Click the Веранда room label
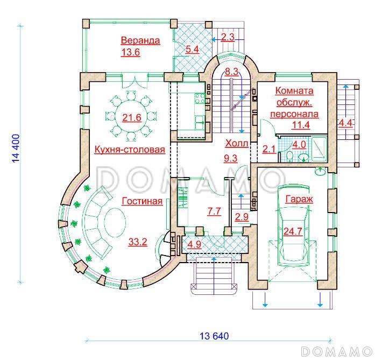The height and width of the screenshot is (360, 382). coord(140,40)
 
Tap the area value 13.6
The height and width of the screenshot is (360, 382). coord(131,52)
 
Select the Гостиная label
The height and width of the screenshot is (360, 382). coord(142,201)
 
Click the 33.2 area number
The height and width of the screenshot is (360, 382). coord(138,242)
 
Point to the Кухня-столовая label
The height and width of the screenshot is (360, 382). coord(130,150)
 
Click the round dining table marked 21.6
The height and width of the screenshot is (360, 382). coord(132,117)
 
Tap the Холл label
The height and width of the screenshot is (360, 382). coord(237,143)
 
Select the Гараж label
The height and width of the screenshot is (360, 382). coord(299,199)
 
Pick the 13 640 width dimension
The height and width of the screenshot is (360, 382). coord(214,336)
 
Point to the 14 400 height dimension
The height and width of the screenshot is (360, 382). coord(15,148)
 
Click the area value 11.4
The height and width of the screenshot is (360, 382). coord(301,125)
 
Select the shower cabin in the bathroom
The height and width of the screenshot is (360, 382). coord(319,149)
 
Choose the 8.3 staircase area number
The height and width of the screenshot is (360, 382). coord(231,72)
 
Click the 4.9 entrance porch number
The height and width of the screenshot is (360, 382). coord(194,244)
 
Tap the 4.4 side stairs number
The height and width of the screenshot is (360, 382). coord(345,123)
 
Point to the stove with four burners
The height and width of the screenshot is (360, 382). coord(200,98)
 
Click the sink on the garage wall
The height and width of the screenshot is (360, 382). coord(320,171)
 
